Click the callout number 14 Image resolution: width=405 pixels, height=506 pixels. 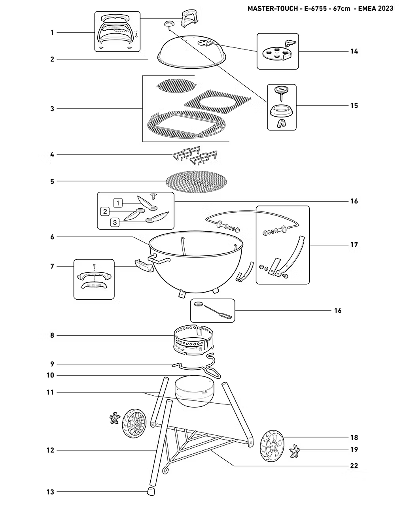(354, 51)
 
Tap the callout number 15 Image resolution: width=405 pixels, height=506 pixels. (354, 106)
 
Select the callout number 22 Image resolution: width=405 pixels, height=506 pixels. (354, 466)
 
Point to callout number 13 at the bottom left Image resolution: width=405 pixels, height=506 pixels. (50, 492)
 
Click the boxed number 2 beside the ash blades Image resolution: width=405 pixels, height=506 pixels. (105, 211)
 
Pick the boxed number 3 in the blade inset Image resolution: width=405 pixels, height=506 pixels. (115, 222)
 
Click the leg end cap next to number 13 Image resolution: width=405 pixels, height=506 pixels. (151, 491)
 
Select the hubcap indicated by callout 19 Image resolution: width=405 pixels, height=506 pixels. (295, 452)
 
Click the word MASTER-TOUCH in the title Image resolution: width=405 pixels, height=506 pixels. (273, 8)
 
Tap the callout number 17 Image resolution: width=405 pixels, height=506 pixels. (354, 245)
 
